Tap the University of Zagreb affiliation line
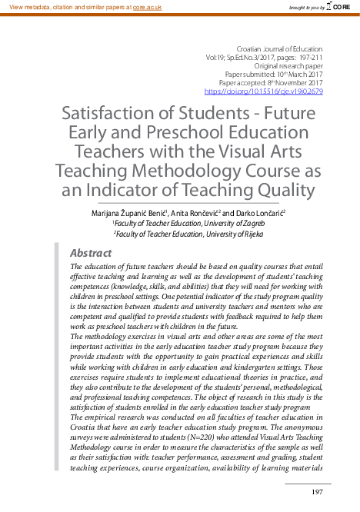[x=181, y=223]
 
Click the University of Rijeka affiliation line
[x=181, y=234]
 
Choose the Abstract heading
[x=91, y=253]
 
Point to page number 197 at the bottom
[x=316, y=492]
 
